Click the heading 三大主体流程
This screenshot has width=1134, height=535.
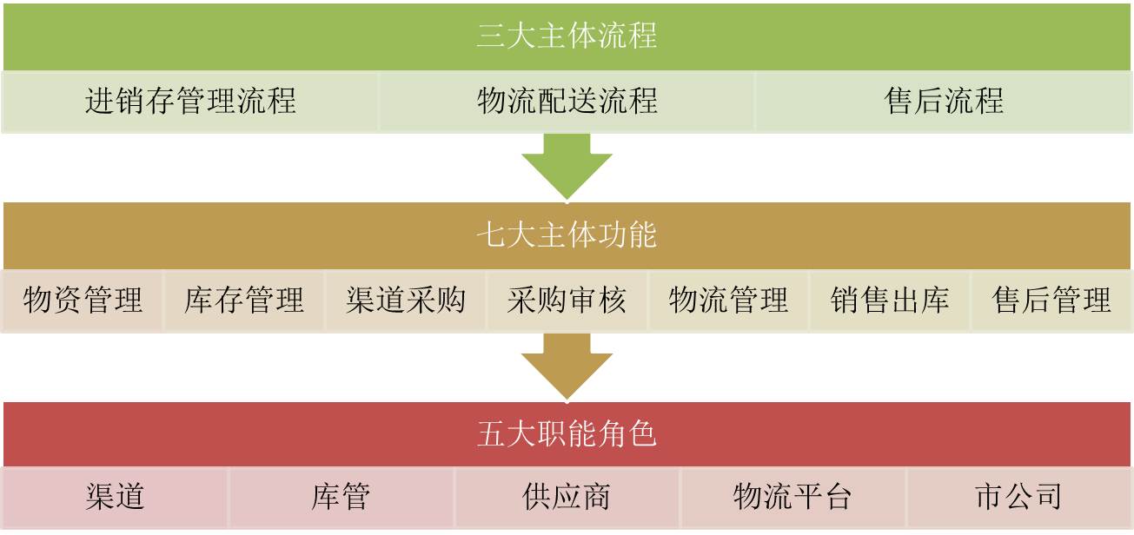pyautogui.click(x=567, y=36)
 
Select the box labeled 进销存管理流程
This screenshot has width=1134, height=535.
pyautogui.click(x=190, y=102)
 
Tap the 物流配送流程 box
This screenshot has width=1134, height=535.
pyautogui.click(x=567, y=102)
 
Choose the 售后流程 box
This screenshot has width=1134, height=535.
pyautogui.click(x=944, y=102)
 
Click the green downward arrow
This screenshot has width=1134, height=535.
pyautogui.click(x=567, y=165)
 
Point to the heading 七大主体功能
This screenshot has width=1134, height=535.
pyautogui.click(x=567, y=235)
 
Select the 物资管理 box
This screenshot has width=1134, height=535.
pyautogui.click(x=83, y=301)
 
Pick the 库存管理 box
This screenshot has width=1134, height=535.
pyautogui.click(x=244, y=301)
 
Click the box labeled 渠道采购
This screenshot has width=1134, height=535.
pyautogui.click(x=406, y=301)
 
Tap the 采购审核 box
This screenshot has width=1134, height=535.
pyautogui.click(x=567, y=301)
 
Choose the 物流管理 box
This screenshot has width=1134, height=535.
pyautogui.click(x=728, y=301)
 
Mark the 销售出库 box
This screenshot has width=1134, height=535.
pyautogui.click(x=890, y=301)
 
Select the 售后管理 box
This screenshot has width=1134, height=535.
pyautogui.click(x=1051, y=301)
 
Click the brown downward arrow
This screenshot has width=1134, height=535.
pyautogui.click(x=567, y=365)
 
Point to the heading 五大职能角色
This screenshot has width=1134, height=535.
pyautogui.click(x=567, y=433)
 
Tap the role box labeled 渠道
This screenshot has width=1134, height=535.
pyautogui.click(x=116, y=498)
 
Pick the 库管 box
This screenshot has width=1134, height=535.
pyautogui.click(x=342, y=498)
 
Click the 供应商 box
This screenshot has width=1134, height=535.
pyautogui.click(x=567, y=498)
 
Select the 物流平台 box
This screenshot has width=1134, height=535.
pyautogui.click(x=792, y=498)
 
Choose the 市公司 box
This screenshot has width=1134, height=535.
pyautogui.click(x=1018, y=498)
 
